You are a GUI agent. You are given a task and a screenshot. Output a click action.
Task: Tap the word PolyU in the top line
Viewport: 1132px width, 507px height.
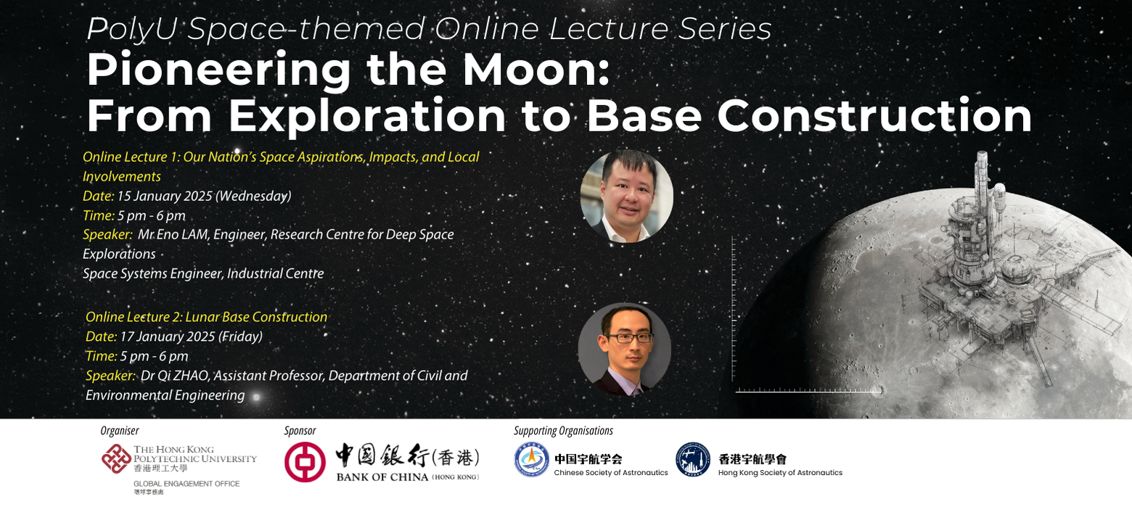(x=132, y=29)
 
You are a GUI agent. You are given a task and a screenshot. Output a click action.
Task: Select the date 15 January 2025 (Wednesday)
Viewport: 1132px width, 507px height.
(x=204, y=196)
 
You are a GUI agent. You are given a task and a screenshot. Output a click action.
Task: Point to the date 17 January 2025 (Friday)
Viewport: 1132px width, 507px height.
(x=191, y=337)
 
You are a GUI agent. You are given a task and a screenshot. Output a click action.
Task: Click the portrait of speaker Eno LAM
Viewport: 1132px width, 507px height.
(x=627, y=196)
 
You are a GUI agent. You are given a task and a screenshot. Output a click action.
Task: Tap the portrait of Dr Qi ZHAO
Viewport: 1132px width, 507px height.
(x=625, y=349)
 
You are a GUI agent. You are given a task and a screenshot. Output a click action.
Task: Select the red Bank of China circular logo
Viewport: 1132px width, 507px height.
(x=305, y=462)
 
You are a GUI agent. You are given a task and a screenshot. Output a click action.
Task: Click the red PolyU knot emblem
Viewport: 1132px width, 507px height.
(x=116, y=458)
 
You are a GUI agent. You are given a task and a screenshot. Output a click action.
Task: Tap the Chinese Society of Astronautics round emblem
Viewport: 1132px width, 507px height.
(x=532, y=460)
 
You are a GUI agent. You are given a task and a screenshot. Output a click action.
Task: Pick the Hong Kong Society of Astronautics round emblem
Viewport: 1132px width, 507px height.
(x=694, y=460)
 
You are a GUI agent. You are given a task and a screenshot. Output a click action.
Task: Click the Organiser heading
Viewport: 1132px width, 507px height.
(x=119, y=431)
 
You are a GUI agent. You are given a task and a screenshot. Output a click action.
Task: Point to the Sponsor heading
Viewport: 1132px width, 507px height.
(x=300, y=431)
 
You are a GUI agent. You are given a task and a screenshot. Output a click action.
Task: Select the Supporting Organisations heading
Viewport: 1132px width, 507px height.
(x=564, y=431)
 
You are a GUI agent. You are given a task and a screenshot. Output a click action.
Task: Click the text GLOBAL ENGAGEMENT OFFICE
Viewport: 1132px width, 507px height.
(x=186, y=484)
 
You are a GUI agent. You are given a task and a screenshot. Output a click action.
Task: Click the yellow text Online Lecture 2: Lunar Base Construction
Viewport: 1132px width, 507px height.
(x=206, y=317)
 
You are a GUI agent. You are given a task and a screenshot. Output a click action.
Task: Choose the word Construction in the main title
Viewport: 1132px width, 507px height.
(x=874, y=116)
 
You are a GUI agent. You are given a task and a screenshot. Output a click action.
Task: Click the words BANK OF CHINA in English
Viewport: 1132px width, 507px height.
(x=382, y=477)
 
